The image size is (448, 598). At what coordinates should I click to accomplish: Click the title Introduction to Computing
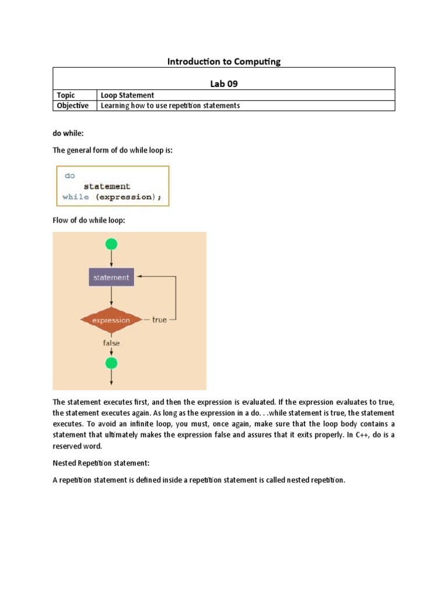click(x=224, y=61)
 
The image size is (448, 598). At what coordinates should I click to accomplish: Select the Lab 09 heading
click(x=224, y=84)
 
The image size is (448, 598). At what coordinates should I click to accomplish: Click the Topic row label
click(x=66, y=95)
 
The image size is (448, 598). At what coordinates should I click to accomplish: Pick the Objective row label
click(x=72, y=106)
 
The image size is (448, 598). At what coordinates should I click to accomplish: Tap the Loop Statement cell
click(x=128, y=95)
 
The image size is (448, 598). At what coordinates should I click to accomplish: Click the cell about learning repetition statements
click(x=170, y=106)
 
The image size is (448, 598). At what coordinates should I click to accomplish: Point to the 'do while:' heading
click(x=68, y=134)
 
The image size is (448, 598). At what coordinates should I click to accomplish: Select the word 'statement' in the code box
click(x=107, y=186)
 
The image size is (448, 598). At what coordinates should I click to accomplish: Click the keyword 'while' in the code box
click(x=76, y=197)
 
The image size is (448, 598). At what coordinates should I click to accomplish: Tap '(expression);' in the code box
click(x=128, y=197)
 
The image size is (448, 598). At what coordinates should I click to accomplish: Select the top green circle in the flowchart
click(x=111, y=244)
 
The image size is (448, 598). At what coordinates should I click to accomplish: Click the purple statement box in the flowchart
click(x=111, y=277)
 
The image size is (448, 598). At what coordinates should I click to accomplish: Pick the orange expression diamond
click(x=111, y=320)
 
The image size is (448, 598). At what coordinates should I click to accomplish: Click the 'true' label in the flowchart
click(x=159, y=320)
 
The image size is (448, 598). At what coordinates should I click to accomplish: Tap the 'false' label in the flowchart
click(x=111, y=343)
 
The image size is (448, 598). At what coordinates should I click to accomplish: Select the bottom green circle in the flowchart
click(x=111, y=363)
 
